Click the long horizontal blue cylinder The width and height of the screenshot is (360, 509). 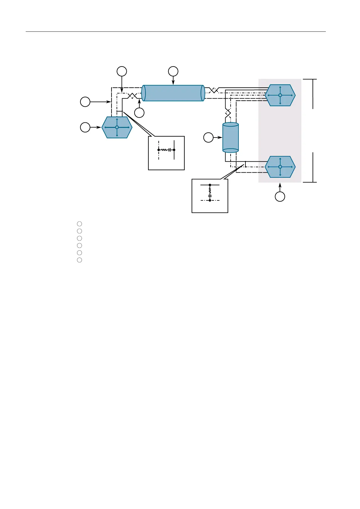coord(173,93)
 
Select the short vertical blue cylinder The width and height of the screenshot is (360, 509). coord(230,138)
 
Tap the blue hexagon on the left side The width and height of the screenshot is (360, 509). coord(117,127)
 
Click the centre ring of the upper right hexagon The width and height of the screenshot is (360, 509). coord(280,95)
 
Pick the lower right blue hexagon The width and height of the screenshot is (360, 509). coord(280,167)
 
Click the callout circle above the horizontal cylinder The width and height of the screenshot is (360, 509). coord(173,71)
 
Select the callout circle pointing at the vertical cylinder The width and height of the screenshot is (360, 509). coord(208,138)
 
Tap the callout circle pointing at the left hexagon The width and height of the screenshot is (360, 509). coord(85,128)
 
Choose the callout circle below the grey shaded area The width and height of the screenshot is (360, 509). coord(280,197)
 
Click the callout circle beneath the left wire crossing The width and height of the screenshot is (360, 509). coord(139,113)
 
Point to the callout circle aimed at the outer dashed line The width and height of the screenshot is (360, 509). coord(85,102)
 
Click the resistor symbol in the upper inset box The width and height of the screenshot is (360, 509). coord(164,150)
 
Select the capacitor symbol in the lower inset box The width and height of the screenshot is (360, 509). coord(210,196)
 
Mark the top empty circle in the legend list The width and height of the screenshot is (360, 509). coord(79,224)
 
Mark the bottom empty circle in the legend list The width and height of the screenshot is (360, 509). coord(79,260)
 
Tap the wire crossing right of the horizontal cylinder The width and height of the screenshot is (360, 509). coord(214,90)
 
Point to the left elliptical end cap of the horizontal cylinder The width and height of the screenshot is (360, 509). coord(144,93)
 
